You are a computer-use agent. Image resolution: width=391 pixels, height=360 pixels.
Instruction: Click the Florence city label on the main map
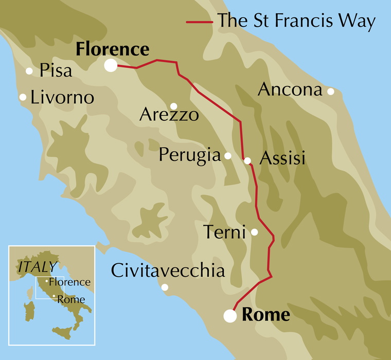112,49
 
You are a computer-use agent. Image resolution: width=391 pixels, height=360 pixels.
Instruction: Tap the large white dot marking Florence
110,65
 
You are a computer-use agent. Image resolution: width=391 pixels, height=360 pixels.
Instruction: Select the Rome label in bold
265,315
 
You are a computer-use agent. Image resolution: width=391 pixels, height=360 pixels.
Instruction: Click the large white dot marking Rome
230,316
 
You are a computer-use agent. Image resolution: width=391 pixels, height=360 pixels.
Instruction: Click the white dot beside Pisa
29,71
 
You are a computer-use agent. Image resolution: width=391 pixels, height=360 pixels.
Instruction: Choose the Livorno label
62,97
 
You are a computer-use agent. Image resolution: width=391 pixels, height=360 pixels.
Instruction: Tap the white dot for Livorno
23,97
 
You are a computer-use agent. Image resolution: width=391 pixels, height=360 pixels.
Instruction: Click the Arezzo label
169,115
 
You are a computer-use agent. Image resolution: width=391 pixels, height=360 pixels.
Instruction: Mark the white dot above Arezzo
174,106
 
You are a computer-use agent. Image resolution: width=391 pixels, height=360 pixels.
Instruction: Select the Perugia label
189,155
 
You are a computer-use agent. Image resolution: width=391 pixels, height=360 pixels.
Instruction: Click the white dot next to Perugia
228,155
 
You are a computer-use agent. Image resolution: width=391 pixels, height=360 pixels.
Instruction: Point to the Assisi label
282,158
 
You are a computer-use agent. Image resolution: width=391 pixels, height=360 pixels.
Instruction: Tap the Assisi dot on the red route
247,160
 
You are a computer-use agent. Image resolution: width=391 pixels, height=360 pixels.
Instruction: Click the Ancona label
290,89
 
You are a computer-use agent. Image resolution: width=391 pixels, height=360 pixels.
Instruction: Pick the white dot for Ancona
331,92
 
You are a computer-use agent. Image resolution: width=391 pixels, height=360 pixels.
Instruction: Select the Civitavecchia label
168,271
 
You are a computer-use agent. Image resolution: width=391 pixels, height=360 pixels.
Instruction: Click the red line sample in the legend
199,22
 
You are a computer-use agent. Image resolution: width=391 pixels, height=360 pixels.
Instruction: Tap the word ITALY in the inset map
37,267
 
